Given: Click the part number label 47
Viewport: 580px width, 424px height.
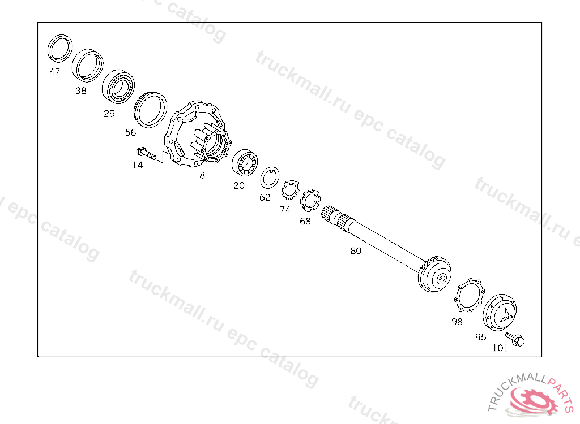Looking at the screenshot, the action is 55,72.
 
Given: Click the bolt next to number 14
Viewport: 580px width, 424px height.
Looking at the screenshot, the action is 146,154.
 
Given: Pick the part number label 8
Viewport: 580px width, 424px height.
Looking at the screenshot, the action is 202,175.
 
